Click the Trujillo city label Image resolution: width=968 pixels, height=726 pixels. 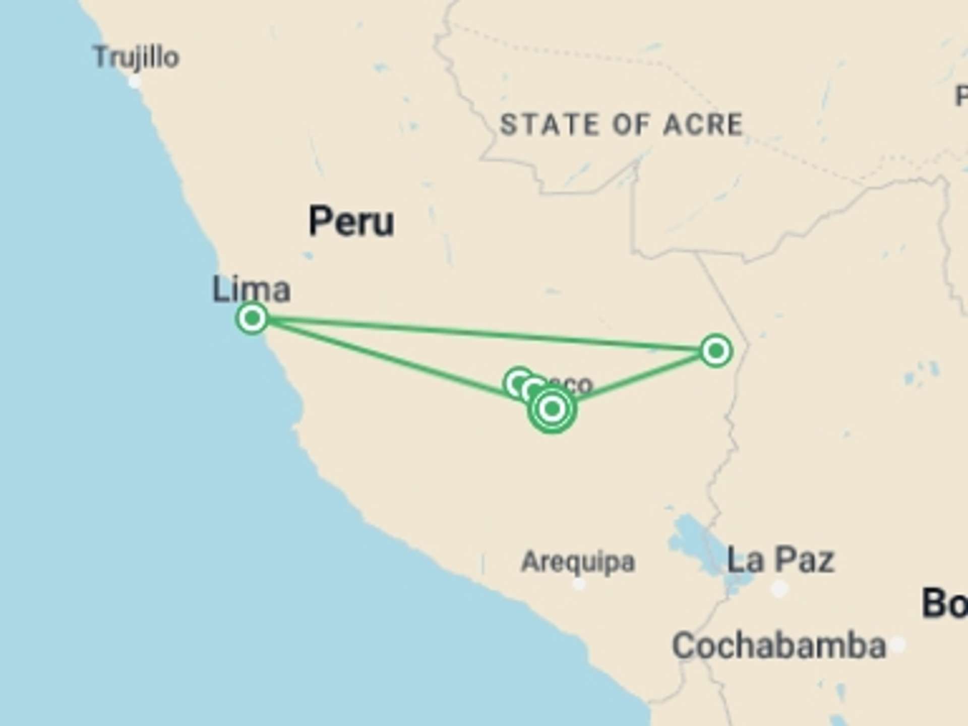tap(136, 56)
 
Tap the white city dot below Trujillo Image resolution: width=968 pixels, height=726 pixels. tap(135, 81)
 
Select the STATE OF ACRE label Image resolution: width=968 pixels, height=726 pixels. tap(621, 125)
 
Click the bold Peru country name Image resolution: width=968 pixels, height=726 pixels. tap(351, 221)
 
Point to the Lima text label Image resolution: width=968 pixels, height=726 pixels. tap(251, 289)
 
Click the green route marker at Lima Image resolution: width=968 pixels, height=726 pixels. tap(252, 318)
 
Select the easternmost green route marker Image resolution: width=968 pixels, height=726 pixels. tap(716, 350)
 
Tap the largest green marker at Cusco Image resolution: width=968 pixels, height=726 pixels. tap(552, 408)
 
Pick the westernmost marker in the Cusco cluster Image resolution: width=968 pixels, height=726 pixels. tap(518, 383)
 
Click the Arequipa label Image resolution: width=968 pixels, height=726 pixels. tap(578, 561)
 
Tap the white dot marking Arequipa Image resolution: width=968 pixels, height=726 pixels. tap(579, 584)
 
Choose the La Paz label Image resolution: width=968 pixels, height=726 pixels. tap(780, 560)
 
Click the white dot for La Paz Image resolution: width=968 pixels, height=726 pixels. tap(779, 588)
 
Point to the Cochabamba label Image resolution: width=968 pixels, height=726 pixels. tap(779, 645)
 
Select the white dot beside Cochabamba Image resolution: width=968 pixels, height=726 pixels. tap(897, 644)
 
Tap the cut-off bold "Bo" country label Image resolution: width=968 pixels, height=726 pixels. tap(944, 603)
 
